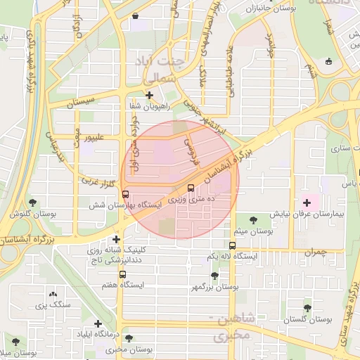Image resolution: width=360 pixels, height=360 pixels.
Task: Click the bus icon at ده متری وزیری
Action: (x=191, y=188)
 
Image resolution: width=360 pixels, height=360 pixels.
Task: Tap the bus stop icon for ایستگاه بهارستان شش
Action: (x=125, y=194)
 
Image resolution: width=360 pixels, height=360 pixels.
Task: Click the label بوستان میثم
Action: (x=254, y=231)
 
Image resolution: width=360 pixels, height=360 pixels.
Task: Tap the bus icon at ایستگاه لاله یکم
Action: (x=233, y=245)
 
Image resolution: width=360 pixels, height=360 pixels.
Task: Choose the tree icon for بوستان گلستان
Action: (x=307, y=307)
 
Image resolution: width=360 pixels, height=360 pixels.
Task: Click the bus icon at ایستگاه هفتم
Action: (x=123, y=275)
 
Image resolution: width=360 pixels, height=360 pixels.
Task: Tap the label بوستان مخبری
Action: (x=131, y=349)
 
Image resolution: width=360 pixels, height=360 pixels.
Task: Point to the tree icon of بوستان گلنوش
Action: (x=32, y=203)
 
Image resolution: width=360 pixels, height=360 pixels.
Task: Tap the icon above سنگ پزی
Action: (x=53, y=295)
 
